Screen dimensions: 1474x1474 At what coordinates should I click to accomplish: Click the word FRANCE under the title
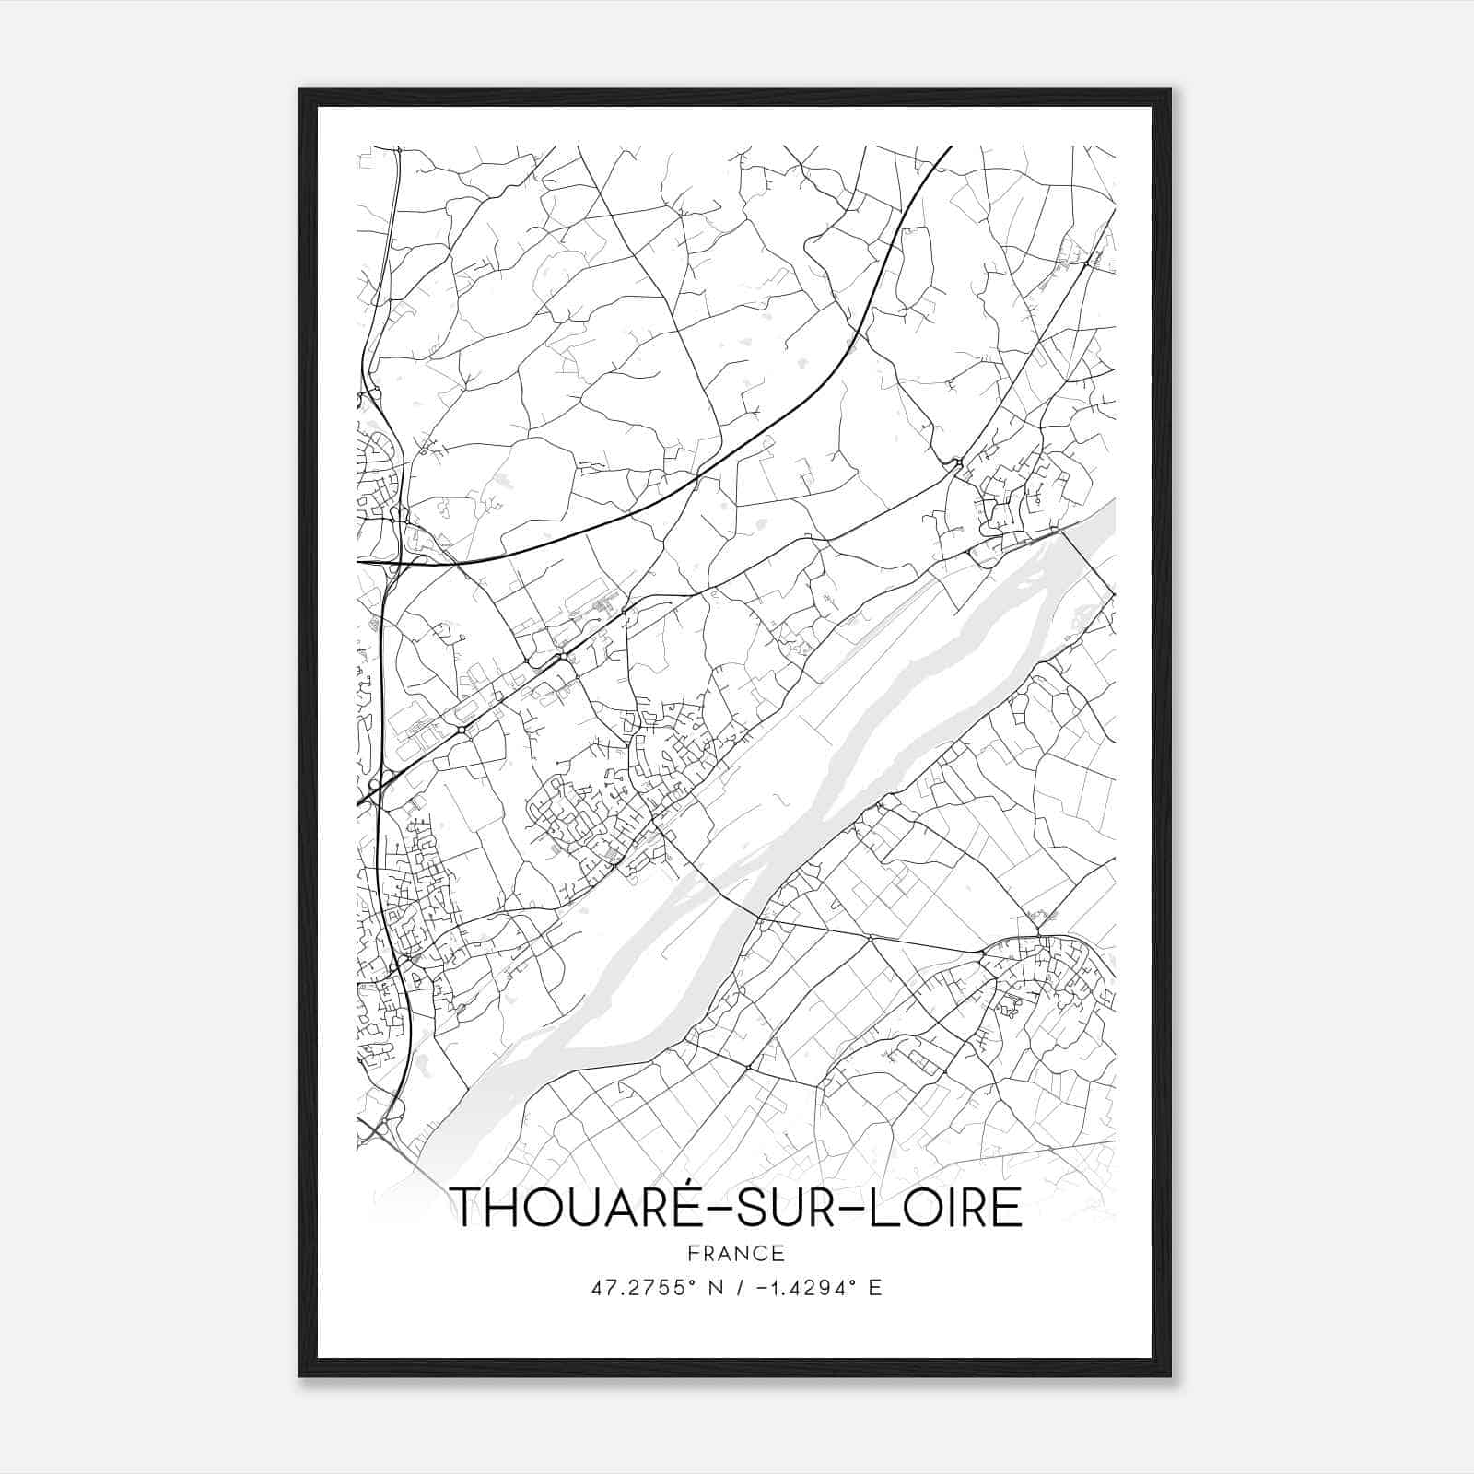coord(735,1253)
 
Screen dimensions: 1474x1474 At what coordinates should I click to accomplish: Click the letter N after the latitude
coord(709,1288)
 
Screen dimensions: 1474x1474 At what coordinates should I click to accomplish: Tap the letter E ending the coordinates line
coord(875,1288)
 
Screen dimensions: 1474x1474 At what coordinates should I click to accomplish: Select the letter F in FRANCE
coord(693,1253)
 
